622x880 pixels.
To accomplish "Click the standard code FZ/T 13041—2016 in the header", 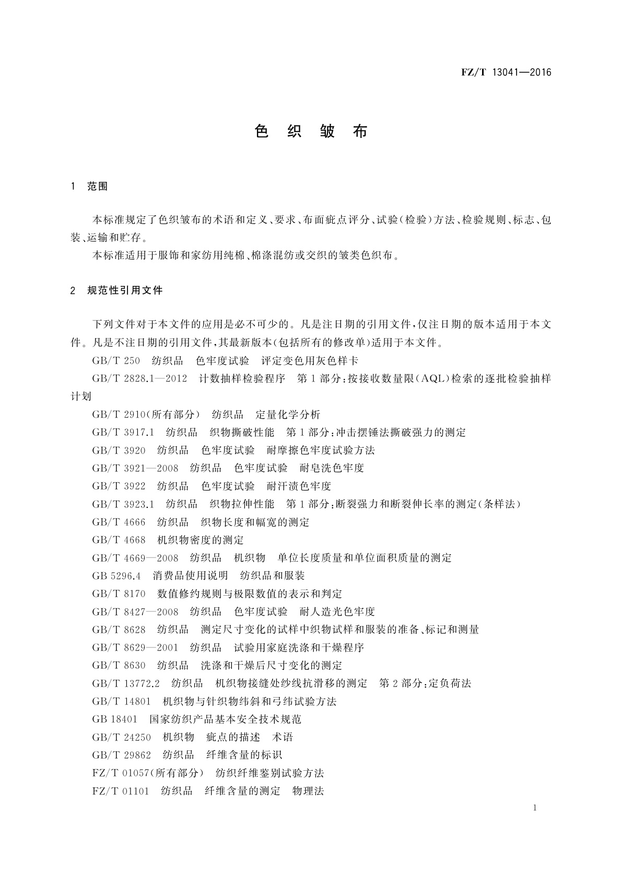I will [506, 73].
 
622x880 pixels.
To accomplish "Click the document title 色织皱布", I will [311, 131].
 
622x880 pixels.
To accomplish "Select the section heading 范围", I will [98, 187].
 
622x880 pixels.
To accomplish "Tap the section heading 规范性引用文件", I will [125, 290].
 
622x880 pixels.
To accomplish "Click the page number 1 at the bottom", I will [535, 808].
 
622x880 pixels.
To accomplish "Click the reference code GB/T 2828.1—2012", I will [139, 378].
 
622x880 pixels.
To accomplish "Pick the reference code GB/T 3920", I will [119, 450].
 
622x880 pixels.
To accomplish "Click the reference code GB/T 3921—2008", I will [135, 468].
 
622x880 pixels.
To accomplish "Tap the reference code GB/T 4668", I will [119, 539].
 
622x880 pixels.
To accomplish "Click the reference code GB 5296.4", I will [116, 575].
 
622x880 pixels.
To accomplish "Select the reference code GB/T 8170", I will [119, 594].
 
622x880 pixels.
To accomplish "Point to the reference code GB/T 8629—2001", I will [135, 647].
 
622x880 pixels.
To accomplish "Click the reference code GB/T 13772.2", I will [126, 683].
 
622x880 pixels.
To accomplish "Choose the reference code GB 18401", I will [115, 719].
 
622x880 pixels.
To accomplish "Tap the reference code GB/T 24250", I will [121, 737].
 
